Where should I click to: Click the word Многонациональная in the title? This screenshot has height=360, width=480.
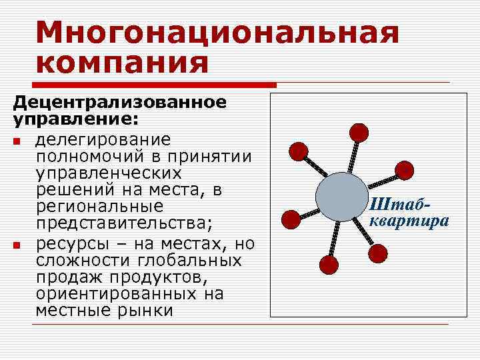click(217, 32)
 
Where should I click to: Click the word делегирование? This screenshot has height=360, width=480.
click(103, 140)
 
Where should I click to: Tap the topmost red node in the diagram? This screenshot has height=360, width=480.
click(359, 132)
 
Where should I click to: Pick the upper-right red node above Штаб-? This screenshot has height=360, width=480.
click(404, 170)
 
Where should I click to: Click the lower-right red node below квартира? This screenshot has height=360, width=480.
click(377, 253)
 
